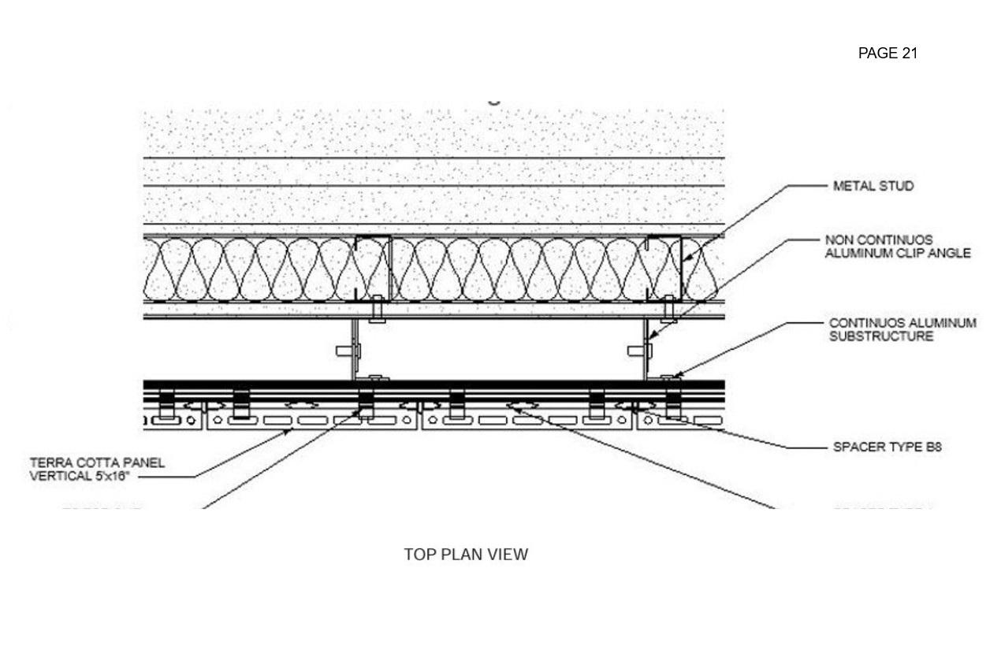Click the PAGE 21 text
pos(888,54)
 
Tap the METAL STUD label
pos(873,187)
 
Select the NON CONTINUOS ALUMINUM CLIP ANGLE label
pos(897,247)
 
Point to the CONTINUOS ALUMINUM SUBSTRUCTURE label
pos(902,330)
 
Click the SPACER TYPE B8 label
pos(887,447)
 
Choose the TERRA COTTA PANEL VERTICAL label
pos(97,469)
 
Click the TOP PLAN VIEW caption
pos(466,555)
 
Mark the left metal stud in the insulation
pos(372,268)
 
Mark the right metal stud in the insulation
pos(664,268)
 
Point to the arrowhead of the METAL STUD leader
pos(683,260)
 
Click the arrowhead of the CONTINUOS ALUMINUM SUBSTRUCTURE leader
pos(670,377)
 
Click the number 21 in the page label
pos(910,54)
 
